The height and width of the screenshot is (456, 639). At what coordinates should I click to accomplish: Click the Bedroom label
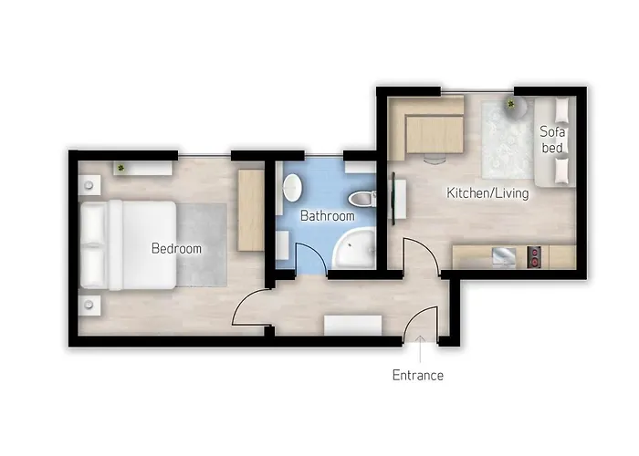(x=176, y=248)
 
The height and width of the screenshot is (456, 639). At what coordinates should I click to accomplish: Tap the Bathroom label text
(x=327, y=216)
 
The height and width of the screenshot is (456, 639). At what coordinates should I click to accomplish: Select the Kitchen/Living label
(x=487, y=193)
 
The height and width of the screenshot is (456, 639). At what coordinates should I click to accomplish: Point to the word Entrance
(x=418, y=375)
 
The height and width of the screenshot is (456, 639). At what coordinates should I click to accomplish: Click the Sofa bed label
(x=552, y=140)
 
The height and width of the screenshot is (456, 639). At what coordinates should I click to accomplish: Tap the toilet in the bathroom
(x=362, y=198)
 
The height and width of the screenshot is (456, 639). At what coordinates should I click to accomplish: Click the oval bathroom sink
(x=293, y=188)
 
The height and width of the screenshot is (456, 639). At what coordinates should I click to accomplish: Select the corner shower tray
(x=354, y=248)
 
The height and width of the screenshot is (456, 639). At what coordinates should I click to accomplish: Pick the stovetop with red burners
(x=534, y=257)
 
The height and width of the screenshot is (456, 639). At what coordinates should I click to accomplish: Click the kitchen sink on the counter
(x=505, y=257)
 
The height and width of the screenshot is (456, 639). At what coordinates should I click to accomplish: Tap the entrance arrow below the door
(x=420, y=349)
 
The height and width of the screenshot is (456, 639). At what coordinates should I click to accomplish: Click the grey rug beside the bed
(x=202, y=245)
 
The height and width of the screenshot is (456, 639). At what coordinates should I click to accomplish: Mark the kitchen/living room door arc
(x=428, y=251)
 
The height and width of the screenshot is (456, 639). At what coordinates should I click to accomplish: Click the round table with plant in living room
(x=515, y=107)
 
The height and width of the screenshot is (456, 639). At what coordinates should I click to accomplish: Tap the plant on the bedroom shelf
(x=120, y=167)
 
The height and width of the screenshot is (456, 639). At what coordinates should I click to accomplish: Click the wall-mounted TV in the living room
(x=393, y=199)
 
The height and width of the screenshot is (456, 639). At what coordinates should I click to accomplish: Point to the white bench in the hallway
(x=353, y=325)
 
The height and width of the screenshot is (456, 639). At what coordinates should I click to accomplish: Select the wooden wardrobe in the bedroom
(x=251, y=210)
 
